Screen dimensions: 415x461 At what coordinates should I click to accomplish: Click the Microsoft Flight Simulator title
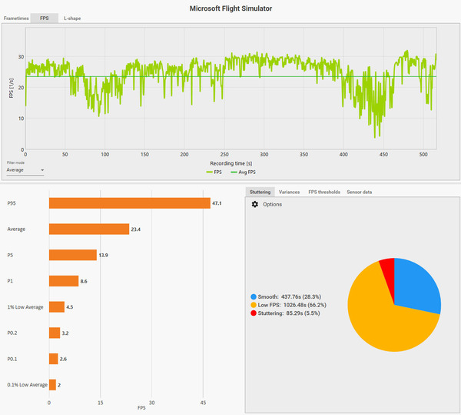tap(230, 8)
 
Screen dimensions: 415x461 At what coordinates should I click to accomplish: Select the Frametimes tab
tap(16, 18)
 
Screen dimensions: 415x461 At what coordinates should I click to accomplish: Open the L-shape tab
tap(73, 18)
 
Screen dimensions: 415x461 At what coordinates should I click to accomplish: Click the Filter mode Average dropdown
tap(25, 169)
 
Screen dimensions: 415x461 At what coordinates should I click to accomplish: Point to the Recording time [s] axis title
tap(230, 163)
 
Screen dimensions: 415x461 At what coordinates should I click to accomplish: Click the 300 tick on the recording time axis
tap(264, 154)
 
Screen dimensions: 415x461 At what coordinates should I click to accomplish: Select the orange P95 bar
tap(129, 203)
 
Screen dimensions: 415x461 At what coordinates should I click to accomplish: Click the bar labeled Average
tap(88, 229)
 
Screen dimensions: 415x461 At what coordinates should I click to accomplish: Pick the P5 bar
tap(72, 255)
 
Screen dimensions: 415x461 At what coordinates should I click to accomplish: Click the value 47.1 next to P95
tap(217, 203)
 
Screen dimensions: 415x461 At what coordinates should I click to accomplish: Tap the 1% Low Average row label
tap(24, 306)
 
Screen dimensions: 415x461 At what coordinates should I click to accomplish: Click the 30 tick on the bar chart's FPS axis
tap(152, 403)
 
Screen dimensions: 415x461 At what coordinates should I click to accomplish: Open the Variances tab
tap(289, 192)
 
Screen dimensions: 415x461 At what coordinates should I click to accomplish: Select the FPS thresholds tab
tap(324, 192)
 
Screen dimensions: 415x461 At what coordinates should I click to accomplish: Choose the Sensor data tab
tap(359, 192)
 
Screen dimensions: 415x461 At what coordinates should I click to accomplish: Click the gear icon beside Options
tap(255, 204)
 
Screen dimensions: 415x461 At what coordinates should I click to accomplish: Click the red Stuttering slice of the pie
tap(387, 270)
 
